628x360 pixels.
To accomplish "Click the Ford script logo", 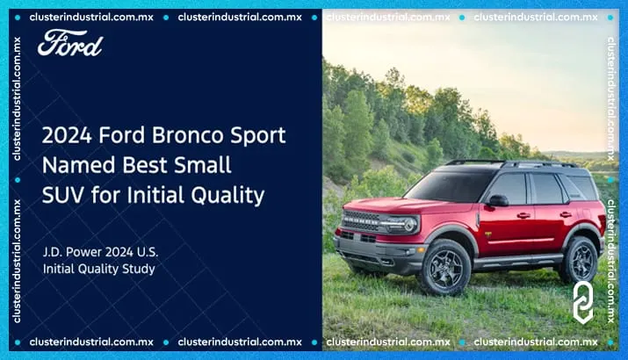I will (x=69, y=43).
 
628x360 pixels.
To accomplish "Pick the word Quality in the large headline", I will (x=227, y=195).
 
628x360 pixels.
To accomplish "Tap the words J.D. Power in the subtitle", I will (x=70, y=252).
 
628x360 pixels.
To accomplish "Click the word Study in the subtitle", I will (x=138, y=269).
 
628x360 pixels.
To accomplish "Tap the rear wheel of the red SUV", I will (x=581, y=258).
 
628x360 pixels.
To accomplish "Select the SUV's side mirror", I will (x=498, y=201).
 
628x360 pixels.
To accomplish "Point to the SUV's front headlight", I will (x=400, y=223).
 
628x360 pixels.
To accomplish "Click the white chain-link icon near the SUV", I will (x=583, y=301).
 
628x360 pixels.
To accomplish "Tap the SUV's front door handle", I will (x=523, y=215).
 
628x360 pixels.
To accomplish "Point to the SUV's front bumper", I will (x=373, y=256).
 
